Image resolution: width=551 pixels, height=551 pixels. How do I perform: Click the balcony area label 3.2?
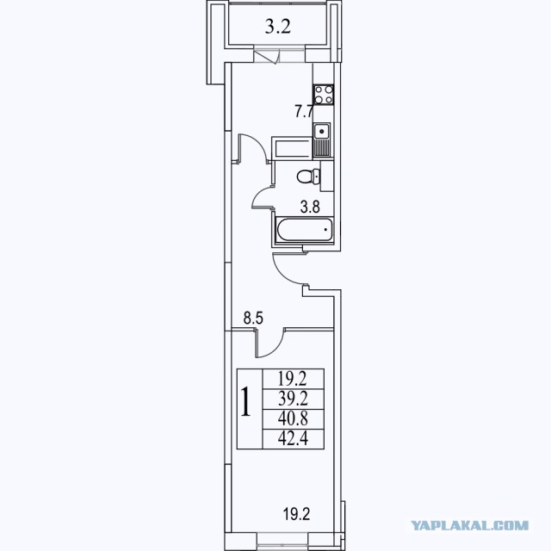(277, 27)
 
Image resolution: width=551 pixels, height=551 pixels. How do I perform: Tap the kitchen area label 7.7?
(304, 112)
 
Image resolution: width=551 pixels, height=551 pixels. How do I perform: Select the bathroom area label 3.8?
(310, 207)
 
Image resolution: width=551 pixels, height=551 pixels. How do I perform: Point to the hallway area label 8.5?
(253, 319)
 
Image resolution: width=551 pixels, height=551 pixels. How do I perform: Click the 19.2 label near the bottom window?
(296, 515)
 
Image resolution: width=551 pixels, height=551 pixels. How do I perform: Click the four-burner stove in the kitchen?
(324, 95)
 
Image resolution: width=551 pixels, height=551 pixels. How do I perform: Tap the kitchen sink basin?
(321, 132)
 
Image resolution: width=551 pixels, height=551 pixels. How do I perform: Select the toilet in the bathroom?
(308, 176)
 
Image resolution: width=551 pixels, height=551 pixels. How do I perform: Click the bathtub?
(305, 230)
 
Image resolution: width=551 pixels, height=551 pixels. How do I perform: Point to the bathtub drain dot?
(325, 230)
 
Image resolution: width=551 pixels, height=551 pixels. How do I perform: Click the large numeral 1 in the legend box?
(245, 402)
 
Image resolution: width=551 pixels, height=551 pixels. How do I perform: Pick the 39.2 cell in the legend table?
(293, 399)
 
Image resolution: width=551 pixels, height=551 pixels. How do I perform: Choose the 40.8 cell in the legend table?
(293, 419)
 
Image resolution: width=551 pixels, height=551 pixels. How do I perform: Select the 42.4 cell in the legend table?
(293, 439)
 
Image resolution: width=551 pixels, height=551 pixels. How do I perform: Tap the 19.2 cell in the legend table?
(293, 379)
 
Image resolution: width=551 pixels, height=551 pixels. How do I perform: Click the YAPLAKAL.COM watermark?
(470, 526)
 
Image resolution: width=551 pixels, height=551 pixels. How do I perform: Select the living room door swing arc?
(275, 349)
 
